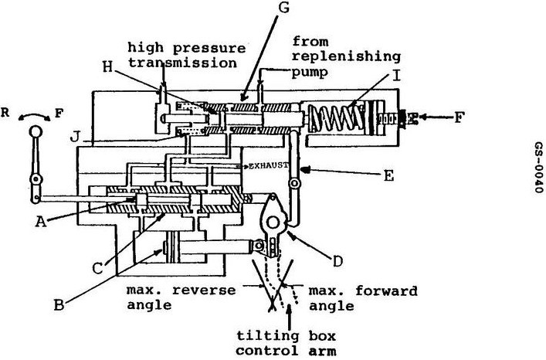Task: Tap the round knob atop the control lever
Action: [36, 132]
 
